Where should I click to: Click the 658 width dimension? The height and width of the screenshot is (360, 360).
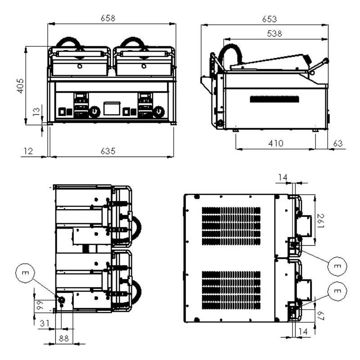pyautogui.click(x=108, y=18)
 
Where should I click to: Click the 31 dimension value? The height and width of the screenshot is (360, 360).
pyautogui.click(x=45, y=323)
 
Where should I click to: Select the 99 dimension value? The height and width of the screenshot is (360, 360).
pyautogui.click(x=39, y=306)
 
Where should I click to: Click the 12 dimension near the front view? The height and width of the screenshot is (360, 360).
pyautogui.click(x=28, y=152)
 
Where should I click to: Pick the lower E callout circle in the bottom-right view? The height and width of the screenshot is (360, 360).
pyautogui.click(x=338, y=291)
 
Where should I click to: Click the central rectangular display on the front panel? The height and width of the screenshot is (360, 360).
pyautogui.click(x=112, y=108)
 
